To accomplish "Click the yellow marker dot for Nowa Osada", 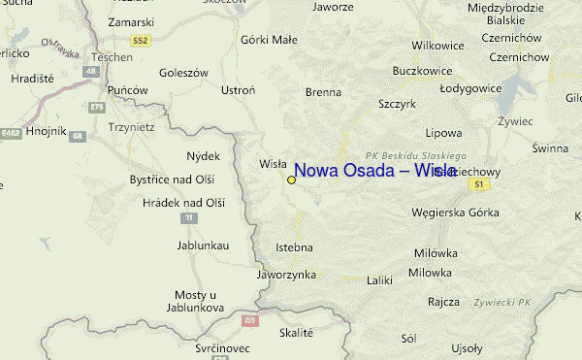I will tap(291, 180).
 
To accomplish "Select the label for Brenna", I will tap(323, 92).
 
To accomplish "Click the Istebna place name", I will tap(295, 247).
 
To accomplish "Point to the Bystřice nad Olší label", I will tap(172, 180).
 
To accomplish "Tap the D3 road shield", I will tap(249, 319).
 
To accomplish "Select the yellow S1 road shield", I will tap(476, 183).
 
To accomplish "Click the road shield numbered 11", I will tap(186, 218).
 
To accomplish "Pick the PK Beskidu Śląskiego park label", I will tap(416, 155).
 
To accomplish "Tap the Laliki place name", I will tap(379, 281).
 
